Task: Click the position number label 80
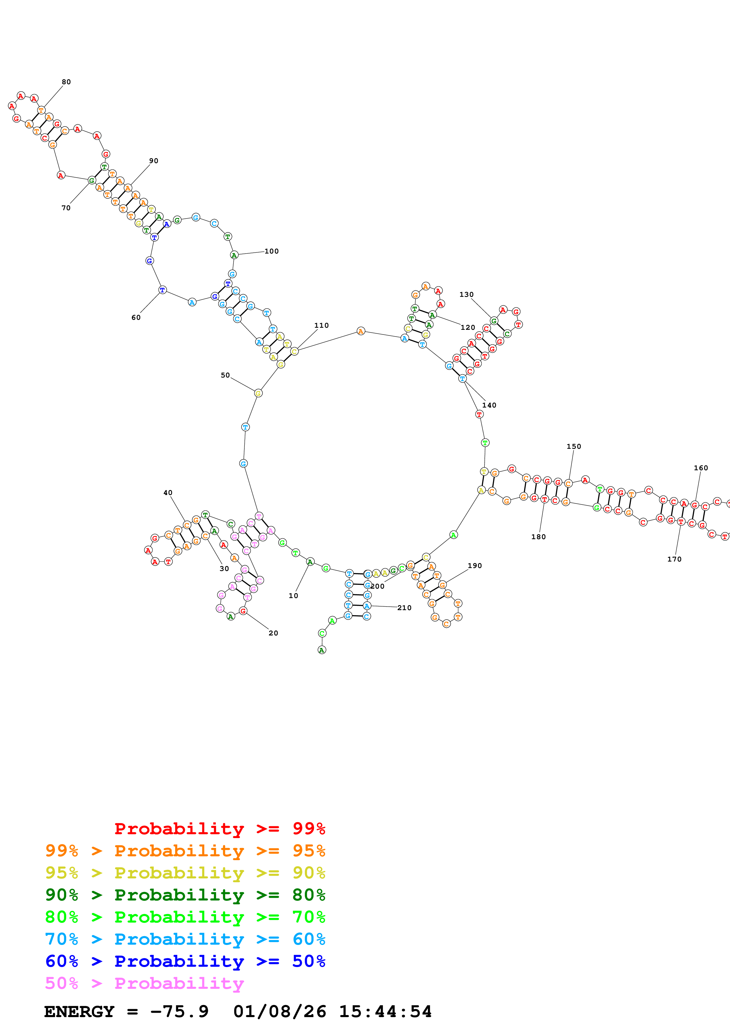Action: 66,82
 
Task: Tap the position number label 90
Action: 154,160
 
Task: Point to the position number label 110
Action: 322,325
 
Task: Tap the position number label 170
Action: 674,559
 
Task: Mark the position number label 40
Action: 168,493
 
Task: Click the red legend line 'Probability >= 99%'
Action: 219,828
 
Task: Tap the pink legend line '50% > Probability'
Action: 144,983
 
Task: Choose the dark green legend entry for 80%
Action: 185,895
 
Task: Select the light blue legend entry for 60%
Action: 185,939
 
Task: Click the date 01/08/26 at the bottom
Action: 280,1012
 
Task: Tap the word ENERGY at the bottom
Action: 79,1012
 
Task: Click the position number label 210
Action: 404,608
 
